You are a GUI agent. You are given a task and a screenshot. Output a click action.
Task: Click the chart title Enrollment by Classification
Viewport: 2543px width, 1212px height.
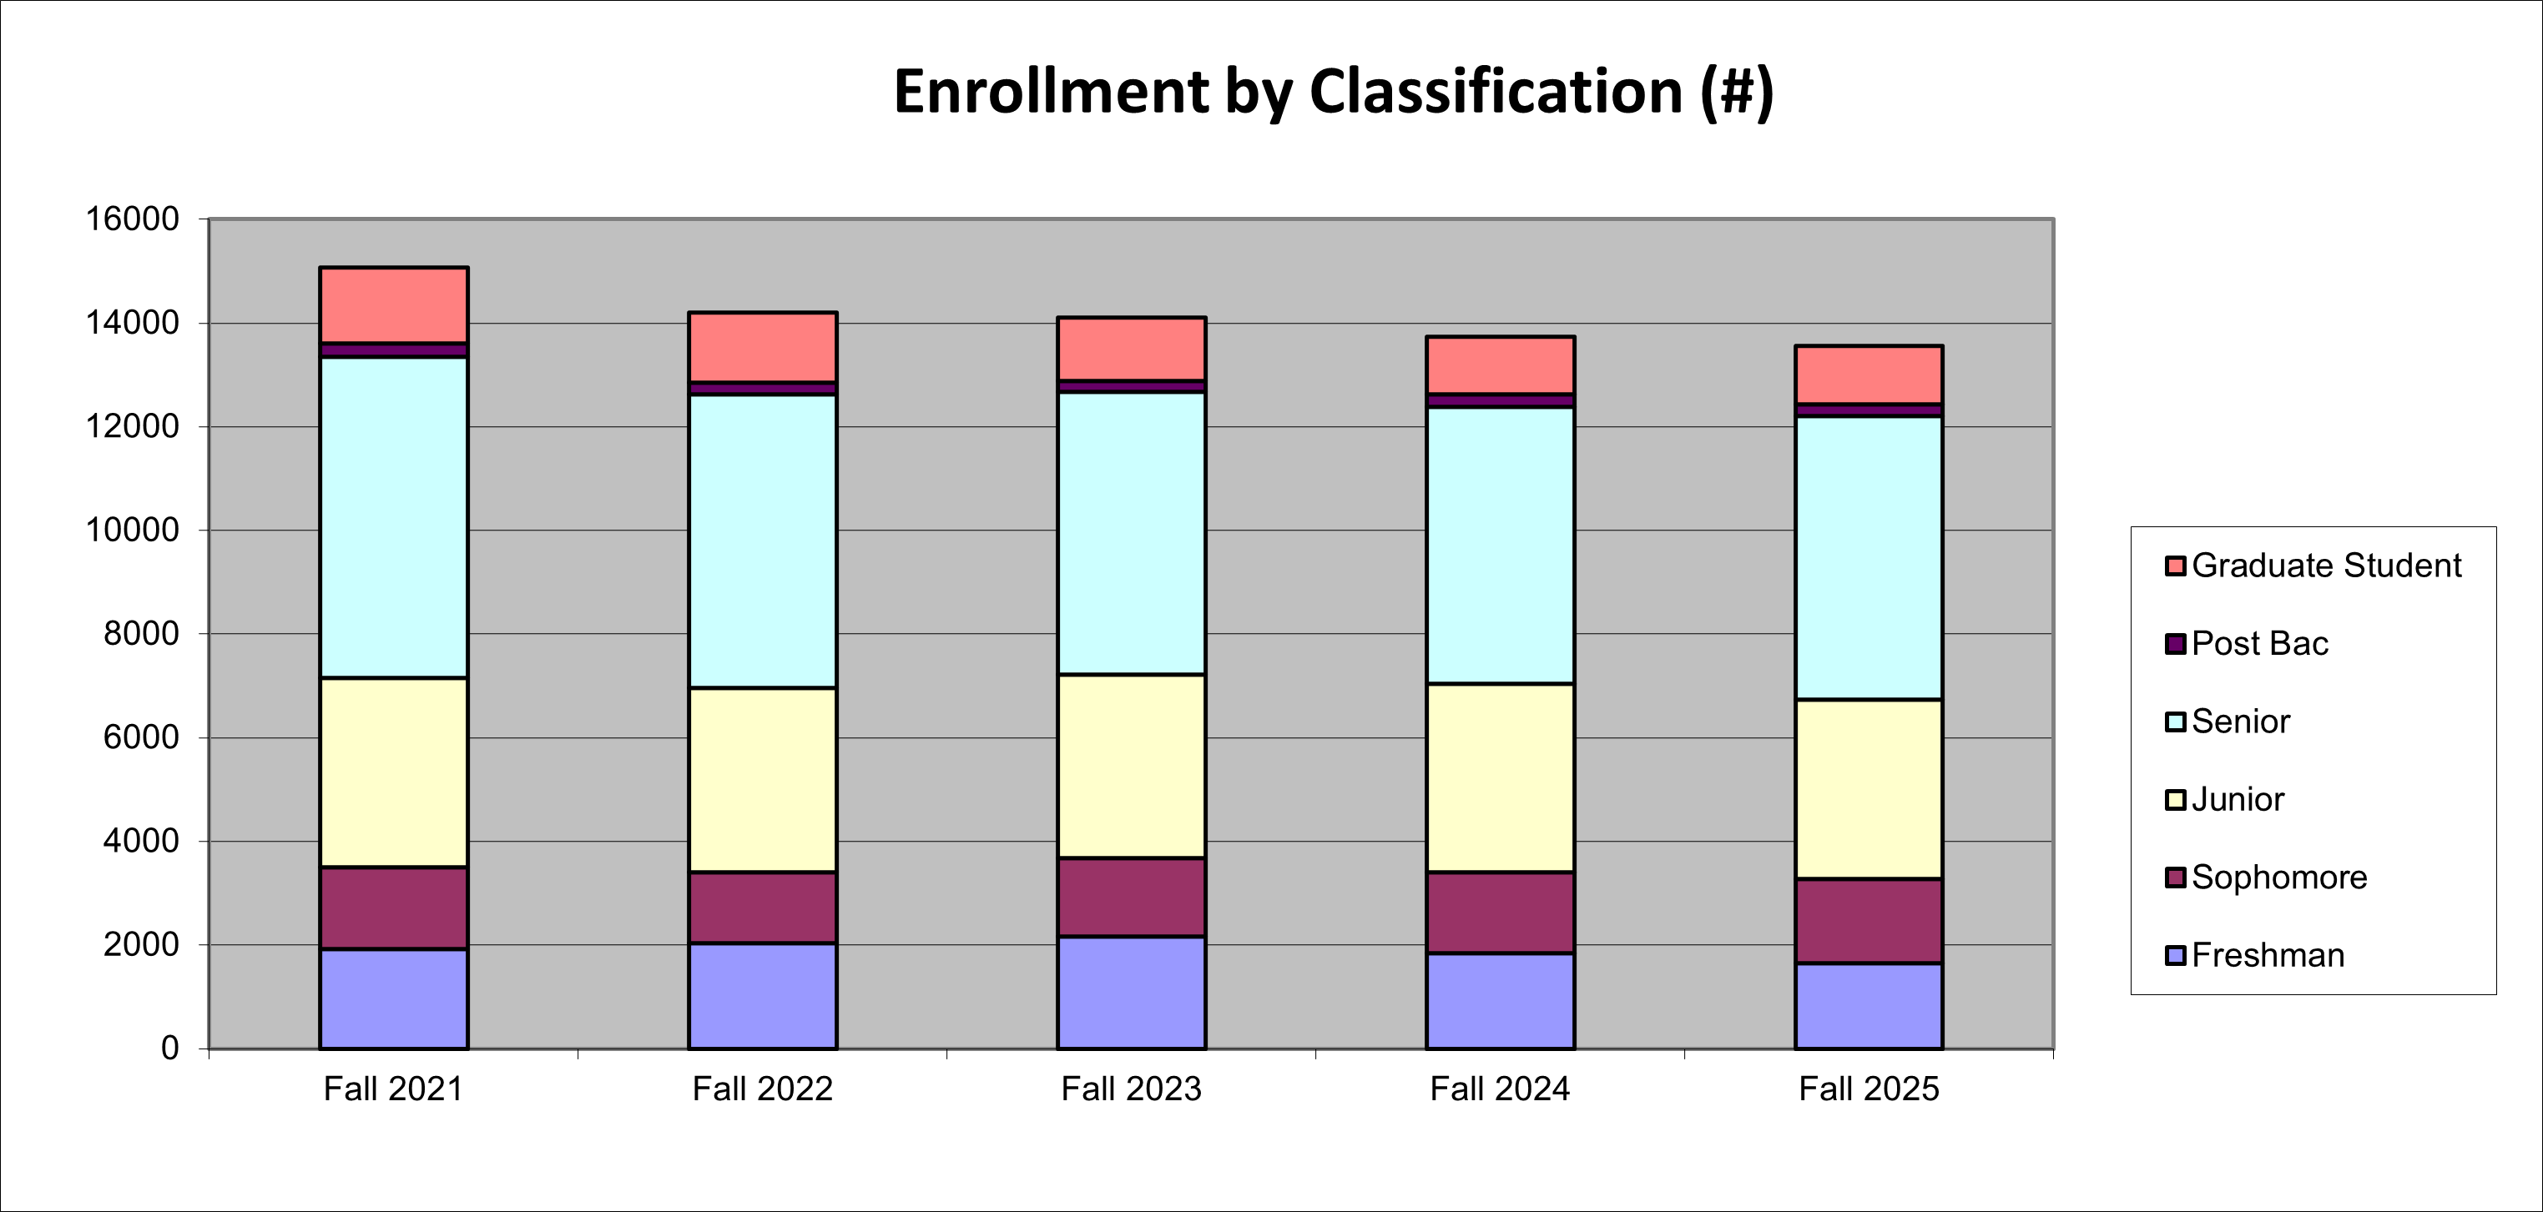[1333, 92]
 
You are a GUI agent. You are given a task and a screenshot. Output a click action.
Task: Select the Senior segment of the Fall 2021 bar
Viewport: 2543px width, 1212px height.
[393, 517]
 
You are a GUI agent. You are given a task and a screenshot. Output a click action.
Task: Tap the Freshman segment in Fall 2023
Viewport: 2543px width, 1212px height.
[1132, 992]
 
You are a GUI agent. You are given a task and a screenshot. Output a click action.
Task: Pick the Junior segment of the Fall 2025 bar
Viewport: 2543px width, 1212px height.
[1869, 790]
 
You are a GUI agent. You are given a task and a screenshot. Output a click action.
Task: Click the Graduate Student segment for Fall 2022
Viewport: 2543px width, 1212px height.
[762, 347]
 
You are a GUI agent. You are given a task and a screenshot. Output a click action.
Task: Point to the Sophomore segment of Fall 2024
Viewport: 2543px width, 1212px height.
[1500, 912]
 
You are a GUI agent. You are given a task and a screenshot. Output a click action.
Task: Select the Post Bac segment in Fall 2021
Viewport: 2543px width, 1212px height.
[393, 350]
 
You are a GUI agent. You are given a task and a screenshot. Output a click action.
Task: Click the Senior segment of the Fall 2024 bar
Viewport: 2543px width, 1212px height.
[1500, 545]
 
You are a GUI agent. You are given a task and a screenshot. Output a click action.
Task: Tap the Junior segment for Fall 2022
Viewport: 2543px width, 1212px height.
[762, 780]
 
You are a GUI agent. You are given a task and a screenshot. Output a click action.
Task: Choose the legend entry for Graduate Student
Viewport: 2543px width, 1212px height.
[2326, 566]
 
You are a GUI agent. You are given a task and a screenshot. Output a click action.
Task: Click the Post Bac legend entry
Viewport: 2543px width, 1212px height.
[2258, 643]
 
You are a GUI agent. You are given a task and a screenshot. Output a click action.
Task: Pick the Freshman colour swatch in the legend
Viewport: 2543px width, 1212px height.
[2175, 955]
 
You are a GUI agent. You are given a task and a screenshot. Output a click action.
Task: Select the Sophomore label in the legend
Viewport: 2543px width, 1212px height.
[2278, 878]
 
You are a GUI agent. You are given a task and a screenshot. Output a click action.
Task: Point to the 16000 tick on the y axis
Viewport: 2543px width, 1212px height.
[133, 219]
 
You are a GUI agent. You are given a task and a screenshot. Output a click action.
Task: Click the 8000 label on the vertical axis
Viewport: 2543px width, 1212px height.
[141, 634]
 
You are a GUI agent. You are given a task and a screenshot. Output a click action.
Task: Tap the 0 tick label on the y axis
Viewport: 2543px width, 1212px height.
[169, 1049]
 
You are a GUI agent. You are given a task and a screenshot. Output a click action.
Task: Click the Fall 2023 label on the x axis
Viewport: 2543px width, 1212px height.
[1132, 1089]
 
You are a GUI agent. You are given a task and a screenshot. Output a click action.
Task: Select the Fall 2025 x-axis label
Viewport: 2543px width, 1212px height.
[1869, 1089]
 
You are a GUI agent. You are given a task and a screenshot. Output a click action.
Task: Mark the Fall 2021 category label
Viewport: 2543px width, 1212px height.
[393, 1089]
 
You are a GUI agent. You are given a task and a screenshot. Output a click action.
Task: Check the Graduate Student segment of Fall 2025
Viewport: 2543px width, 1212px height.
[1869, 375]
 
